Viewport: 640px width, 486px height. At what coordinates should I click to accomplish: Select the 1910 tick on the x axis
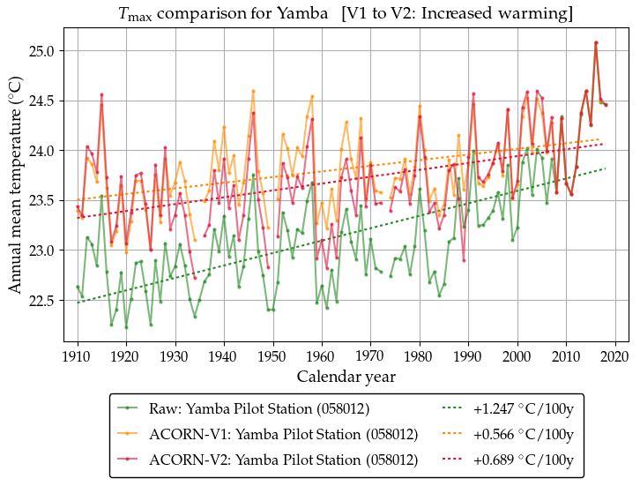(x=77, y=356)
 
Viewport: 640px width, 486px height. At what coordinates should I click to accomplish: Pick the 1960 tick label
(x=321, y=356)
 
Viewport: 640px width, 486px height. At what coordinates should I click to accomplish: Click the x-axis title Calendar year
(x=346, y=377)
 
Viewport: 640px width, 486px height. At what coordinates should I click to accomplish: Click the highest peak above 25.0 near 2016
(x=596, y=42)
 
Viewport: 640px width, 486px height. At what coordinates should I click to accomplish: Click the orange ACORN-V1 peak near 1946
(x=253, y=91)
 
